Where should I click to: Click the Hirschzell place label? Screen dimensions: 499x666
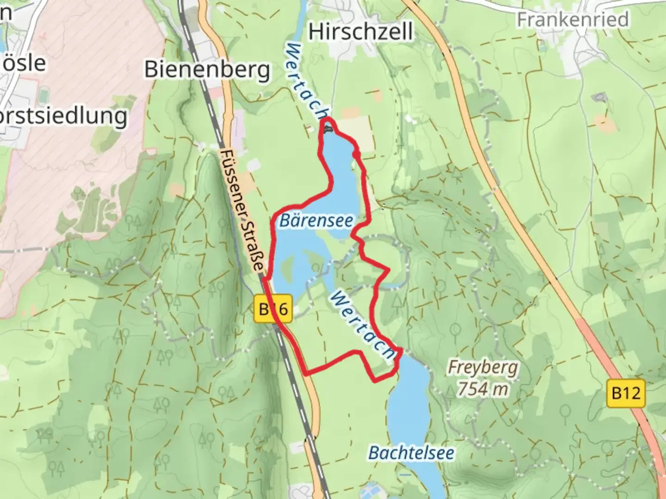tap(360, 32)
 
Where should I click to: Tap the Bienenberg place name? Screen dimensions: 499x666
tap(207, 69)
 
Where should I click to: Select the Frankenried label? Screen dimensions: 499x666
tap(573, 19)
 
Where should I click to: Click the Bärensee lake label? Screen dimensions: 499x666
tap(316, 220)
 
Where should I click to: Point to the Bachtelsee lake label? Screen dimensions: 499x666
tap(411, 453)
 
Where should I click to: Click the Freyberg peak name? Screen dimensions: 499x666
tap(483, 368)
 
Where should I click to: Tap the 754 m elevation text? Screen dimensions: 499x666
tap(483, 389)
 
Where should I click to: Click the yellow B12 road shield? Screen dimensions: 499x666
tap(625, 393)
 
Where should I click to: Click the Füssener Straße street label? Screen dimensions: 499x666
tap(242, 211)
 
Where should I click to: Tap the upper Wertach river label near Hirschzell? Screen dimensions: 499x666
tap(307, 81)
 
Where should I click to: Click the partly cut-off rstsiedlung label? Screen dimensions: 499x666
tap(63, 116)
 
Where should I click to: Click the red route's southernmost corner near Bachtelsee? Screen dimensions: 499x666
tap(375, 380)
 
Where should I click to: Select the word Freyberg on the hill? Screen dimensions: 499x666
tap(483, 368)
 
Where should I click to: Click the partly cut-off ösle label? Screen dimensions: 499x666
tap(23, 63)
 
